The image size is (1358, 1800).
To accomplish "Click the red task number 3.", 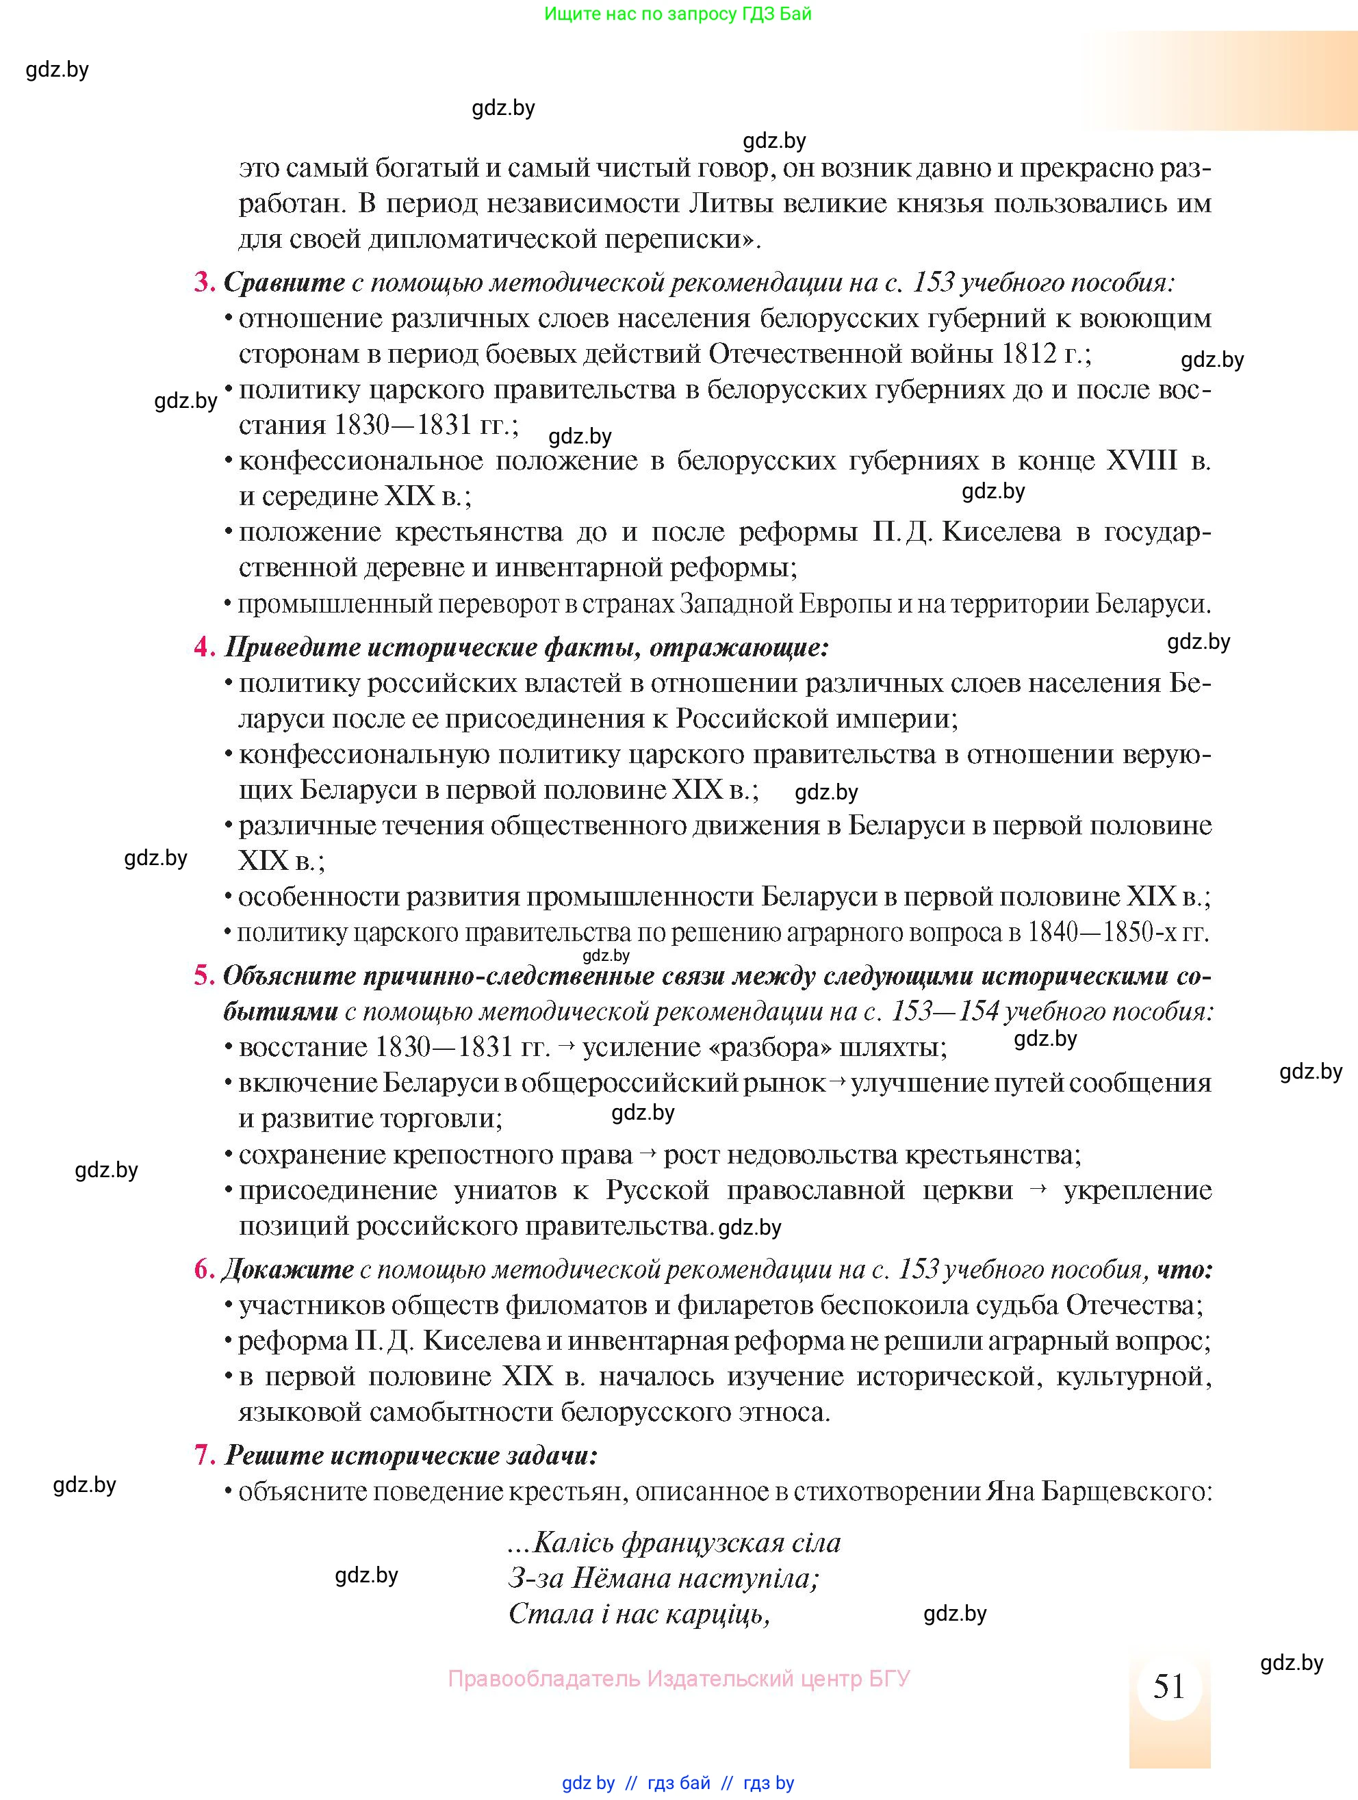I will click(x=203, y=283).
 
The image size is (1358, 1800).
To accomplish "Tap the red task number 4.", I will click(x=203, y=647).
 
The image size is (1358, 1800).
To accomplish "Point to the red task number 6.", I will click(x=203, y=1270).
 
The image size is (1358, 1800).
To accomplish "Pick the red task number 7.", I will click(x=203, y=1455).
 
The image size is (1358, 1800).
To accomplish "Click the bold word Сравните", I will click(x=285, y=283).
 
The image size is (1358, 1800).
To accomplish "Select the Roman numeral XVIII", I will click(x=1142, y=461).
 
